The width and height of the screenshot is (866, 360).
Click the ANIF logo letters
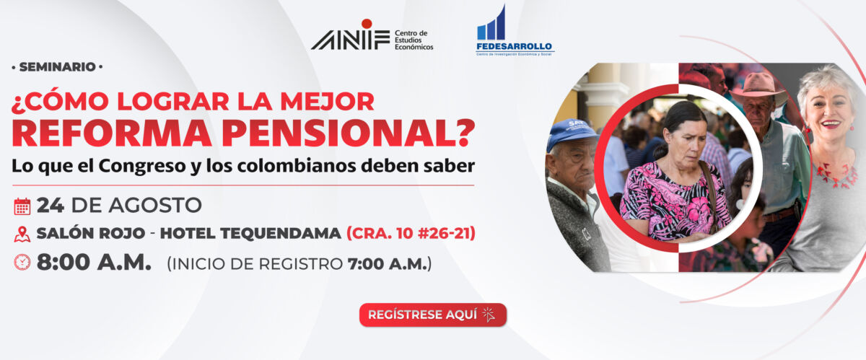350,40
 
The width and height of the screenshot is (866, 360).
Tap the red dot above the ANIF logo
367,24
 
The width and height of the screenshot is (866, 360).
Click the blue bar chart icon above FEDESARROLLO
491,23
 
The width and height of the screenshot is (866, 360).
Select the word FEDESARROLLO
514,46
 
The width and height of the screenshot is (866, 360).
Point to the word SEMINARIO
57,67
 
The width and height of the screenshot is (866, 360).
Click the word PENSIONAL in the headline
348,133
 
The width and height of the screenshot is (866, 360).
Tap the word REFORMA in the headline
112,133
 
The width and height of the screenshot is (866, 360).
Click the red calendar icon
22,206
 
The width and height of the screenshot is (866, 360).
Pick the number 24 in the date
51,206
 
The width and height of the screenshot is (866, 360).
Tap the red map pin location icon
22,234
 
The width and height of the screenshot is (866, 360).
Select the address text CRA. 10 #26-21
411,234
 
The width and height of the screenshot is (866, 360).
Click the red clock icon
22,262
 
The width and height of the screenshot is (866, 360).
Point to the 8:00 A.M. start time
94,262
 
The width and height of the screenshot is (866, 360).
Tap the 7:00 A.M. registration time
387,264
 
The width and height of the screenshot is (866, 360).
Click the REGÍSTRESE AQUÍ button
433,315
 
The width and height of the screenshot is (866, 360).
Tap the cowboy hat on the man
757,87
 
